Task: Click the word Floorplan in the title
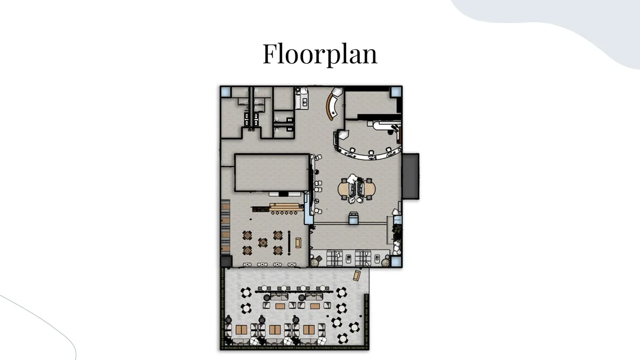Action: pos(320,53)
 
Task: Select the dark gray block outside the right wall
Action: pos(411,177)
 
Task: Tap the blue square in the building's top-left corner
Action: pos(226,92)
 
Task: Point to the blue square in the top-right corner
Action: pos(396,92)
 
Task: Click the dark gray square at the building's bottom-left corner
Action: pos(226,261)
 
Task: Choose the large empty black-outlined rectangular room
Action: pos(271,173)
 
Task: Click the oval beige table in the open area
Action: pos(357,189)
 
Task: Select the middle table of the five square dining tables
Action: pos(263,243)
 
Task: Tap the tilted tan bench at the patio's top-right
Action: pos(357,275)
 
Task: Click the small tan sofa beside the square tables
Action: pos(298,243)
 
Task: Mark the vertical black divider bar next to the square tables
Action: pos(289,243)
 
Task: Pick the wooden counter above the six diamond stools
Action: pos(286,207)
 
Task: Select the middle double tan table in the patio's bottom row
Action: pos(275,330)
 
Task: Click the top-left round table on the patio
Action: pos(246,293)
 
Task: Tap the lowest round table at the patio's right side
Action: pos(342,339)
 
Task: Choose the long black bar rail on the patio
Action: pos(294,292)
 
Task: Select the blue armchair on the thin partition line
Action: pos(354,219)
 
